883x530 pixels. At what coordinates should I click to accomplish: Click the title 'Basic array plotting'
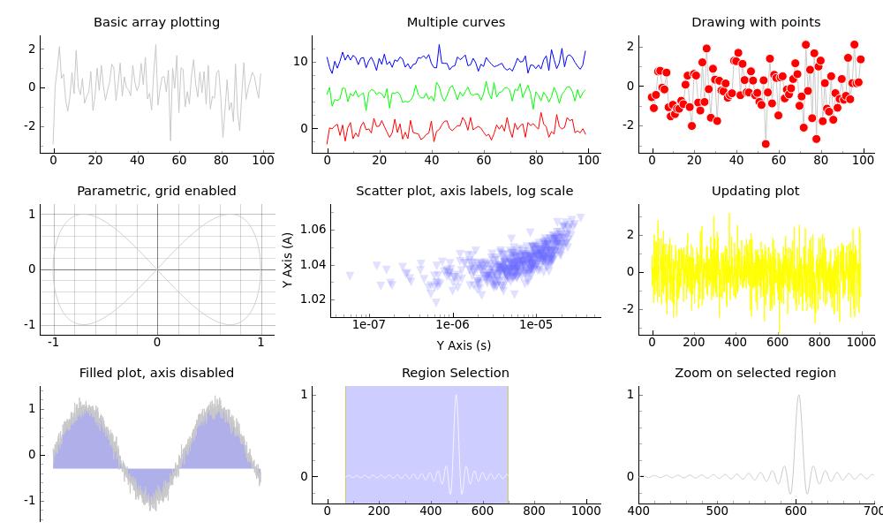[156, 22]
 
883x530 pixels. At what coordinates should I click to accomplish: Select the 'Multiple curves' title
[456, 22]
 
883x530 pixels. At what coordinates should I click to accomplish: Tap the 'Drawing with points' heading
[756, 22]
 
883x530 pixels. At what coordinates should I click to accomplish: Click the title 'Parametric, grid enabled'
[156, 191]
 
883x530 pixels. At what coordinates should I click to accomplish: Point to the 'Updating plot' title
[756, 191]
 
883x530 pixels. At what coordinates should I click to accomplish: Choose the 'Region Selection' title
[456, 373]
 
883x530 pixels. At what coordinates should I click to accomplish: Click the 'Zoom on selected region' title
[756, 373]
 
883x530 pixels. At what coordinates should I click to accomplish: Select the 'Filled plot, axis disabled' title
[156, 373]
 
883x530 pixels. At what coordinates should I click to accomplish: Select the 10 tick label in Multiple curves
[300, 61]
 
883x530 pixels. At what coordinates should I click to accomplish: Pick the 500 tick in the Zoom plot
[717, 511]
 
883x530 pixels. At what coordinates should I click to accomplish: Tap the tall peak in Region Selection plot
[457, 396]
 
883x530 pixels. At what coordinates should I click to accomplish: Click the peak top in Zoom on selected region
[798, 396]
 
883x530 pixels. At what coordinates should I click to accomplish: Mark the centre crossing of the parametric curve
[157, 269]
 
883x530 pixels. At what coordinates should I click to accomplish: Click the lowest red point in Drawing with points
[766, 144]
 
